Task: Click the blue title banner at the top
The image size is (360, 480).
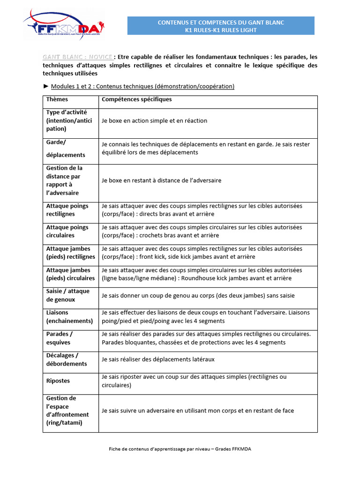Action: pyautogui.click(x=221, y=26)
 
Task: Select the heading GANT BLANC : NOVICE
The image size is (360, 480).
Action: pyautogui.click(x=77, y=57)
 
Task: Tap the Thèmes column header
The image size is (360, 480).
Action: pyautogui.click(x=57, y=99)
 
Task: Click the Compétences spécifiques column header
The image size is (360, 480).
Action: pyautogui.click(x=137, y=99)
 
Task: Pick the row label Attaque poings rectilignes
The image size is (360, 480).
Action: pyautogui.click(x=67, y=210)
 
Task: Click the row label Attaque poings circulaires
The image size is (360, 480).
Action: pyautogui.click(x=67, y=231)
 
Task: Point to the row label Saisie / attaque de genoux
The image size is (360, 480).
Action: pyautogui.click(x=68, y=295)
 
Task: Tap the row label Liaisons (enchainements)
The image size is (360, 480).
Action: pyautogui.click(x=69, y=317)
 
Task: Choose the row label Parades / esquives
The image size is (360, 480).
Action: pyautogui.click(x=60, y=338)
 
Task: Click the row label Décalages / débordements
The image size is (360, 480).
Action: pyautogui.click(x=67, y=360)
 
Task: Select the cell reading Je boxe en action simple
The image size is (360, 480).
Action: pyautogui.click(x=154, y=121)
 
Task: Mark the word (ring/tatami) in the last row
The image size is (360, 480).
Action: pyautogui.click(x=64, y=423)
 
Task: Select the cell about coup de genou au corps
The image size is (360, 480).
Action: pyautogui.click(x=198, y=295)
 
